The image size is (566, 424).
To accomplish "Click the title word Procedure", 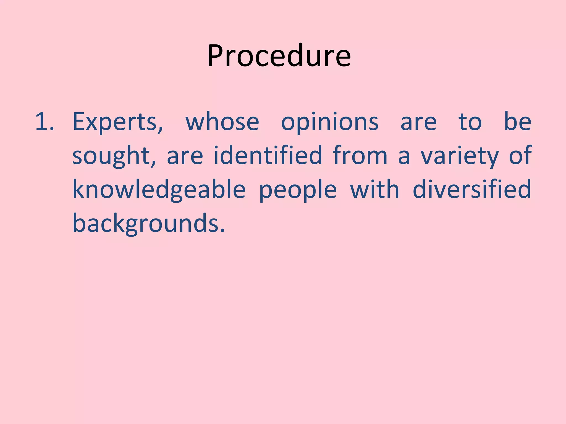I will pos(279,56).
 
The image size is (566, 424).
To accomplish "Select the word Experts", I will pos(115,122).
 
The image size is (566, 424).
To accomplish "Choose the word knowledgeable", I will pos(159,190).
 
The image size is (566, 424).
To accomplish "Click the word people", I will pos(298,190).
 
